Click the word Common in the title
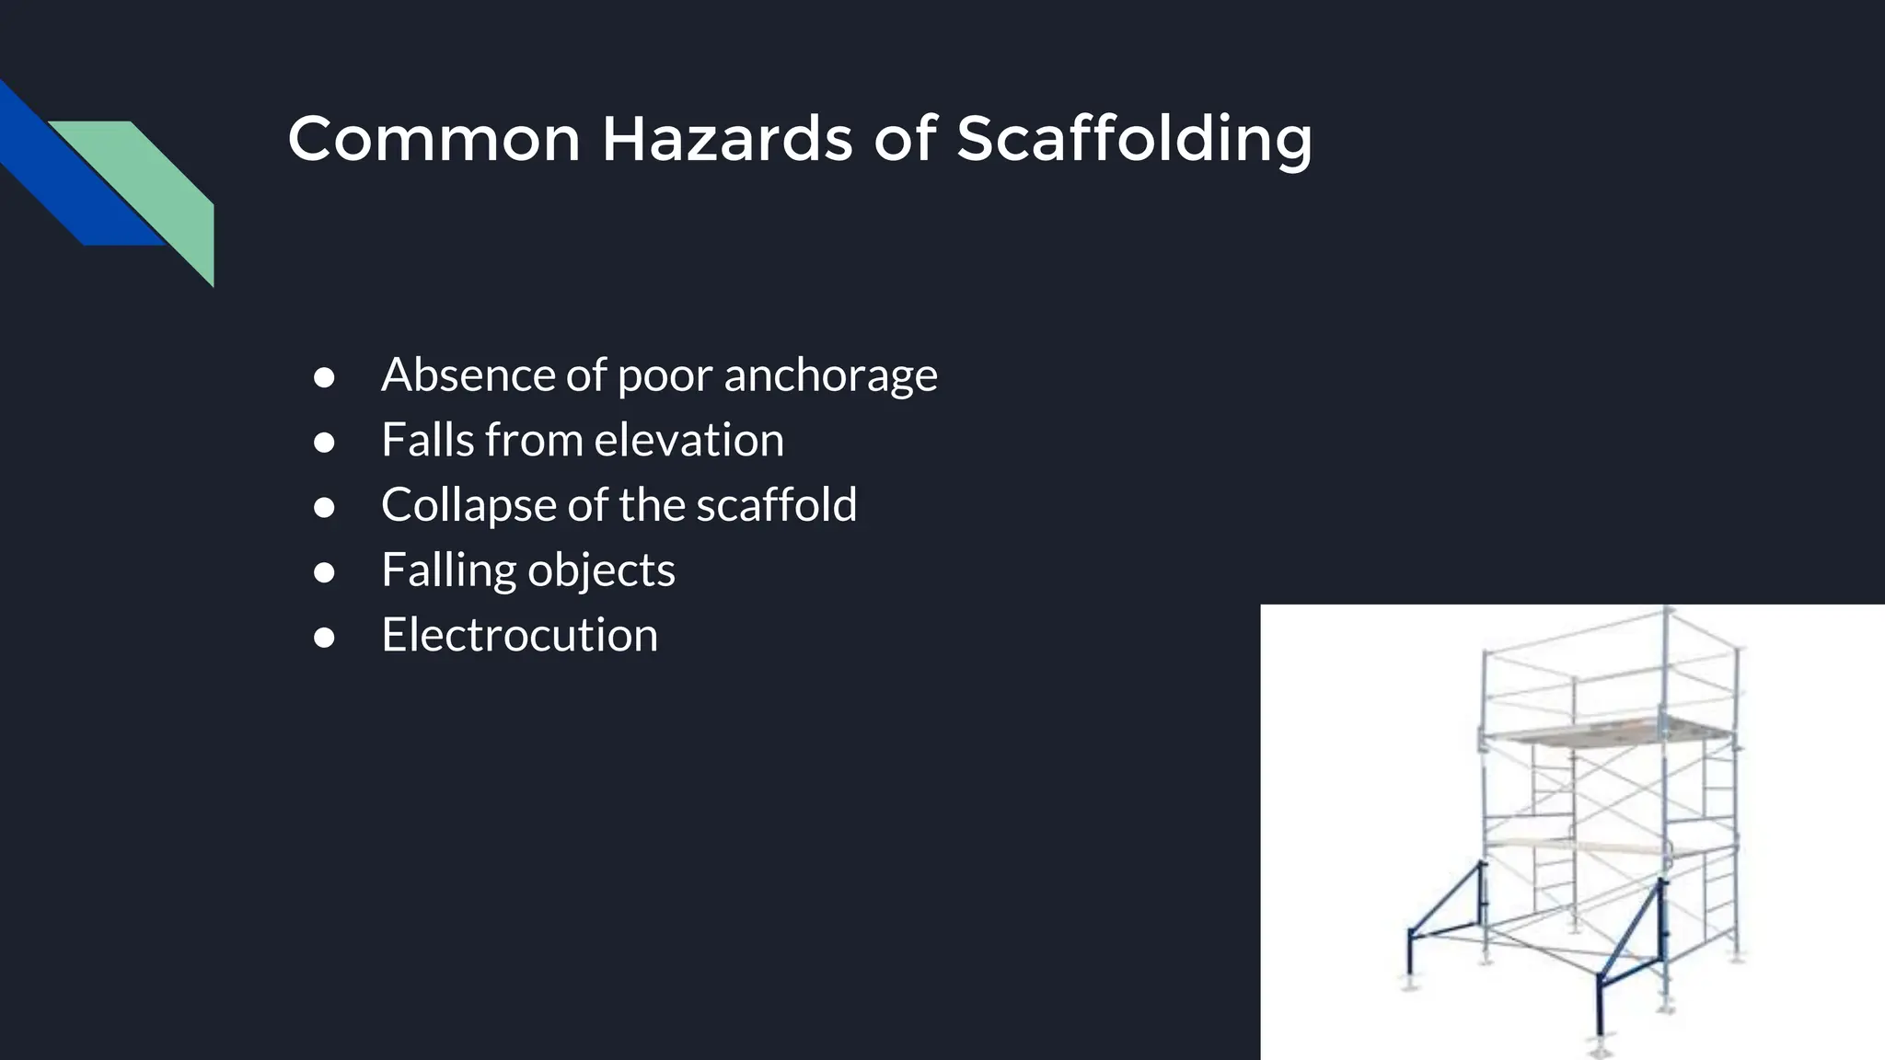pyautogui.click(x=434, y=140)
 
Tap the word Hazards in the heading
pyautogui.click(x=726, y=140)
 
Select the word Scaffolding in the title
pyautogui.click(x=1133, y=140)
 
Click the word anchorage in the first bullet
pyautogui.click(x=830, y=375)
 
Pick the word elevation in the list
pyautogui.click(x=689, y=440)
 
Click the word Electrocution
pyautogui.click(x=519, y=635)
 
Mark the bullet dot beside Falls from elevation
pyautogui.click(x=323, y=442)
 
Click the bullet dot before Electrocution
pyautogui.click(x=323, y=637)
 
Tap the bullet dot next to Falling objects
pyautogui.click(x=323, y=572)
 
